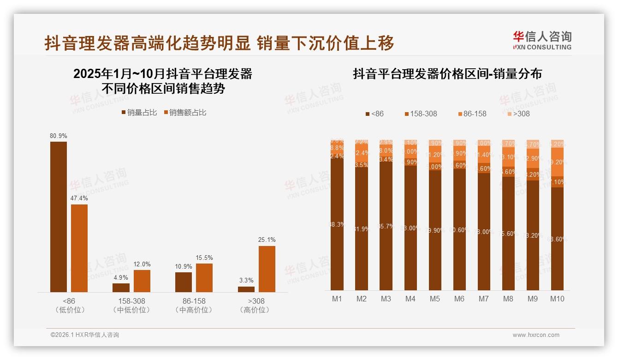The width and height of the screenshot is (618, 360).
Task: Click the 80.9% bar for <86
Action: click(x=59, y=216)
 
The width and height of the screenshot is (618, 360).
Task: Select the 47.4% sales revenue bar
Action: click(x=79, y=248)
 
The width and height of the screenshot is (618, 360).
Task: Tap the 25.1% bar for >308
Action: click(x=267, y=269)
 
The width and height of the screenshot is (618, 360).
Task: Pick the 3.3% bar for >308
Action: click(x=246, y=289)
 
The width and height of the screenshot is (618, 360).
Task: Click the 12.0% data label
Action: click(x=142, y=264)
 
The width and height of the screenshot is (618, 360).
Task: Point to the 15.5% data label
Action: click(x=204, y=258)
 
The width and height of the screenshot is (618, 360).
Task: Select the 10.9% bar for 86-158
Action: click(x=184, y=282)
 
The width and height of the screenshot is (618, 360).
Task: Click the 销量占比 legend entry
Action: click(x=139, y=112)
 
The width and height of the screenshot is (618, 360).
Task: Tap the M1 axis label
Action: click(x=337, y=299)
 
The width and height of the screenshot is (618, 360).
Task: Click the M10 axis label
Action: click(x=557, y=299)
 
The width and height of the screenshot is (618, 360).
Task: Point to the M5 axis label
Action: click(x=435, y=299)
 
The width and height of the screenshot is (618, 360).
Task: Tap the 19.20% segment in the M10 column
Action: click(x=558, y=162)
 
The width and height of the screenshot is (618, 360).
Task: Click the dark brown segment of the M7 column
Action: click(x=484, y=232)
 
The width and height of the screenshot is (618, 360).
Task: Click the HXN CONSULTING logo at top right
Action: click(x=542, y=41)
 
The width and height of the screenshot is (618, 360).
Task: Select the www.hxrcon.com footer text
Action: click(x=536, y=335)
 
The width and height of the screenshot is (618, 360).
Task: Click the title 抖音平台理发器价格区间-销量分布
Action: click(x=447, y=74)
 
